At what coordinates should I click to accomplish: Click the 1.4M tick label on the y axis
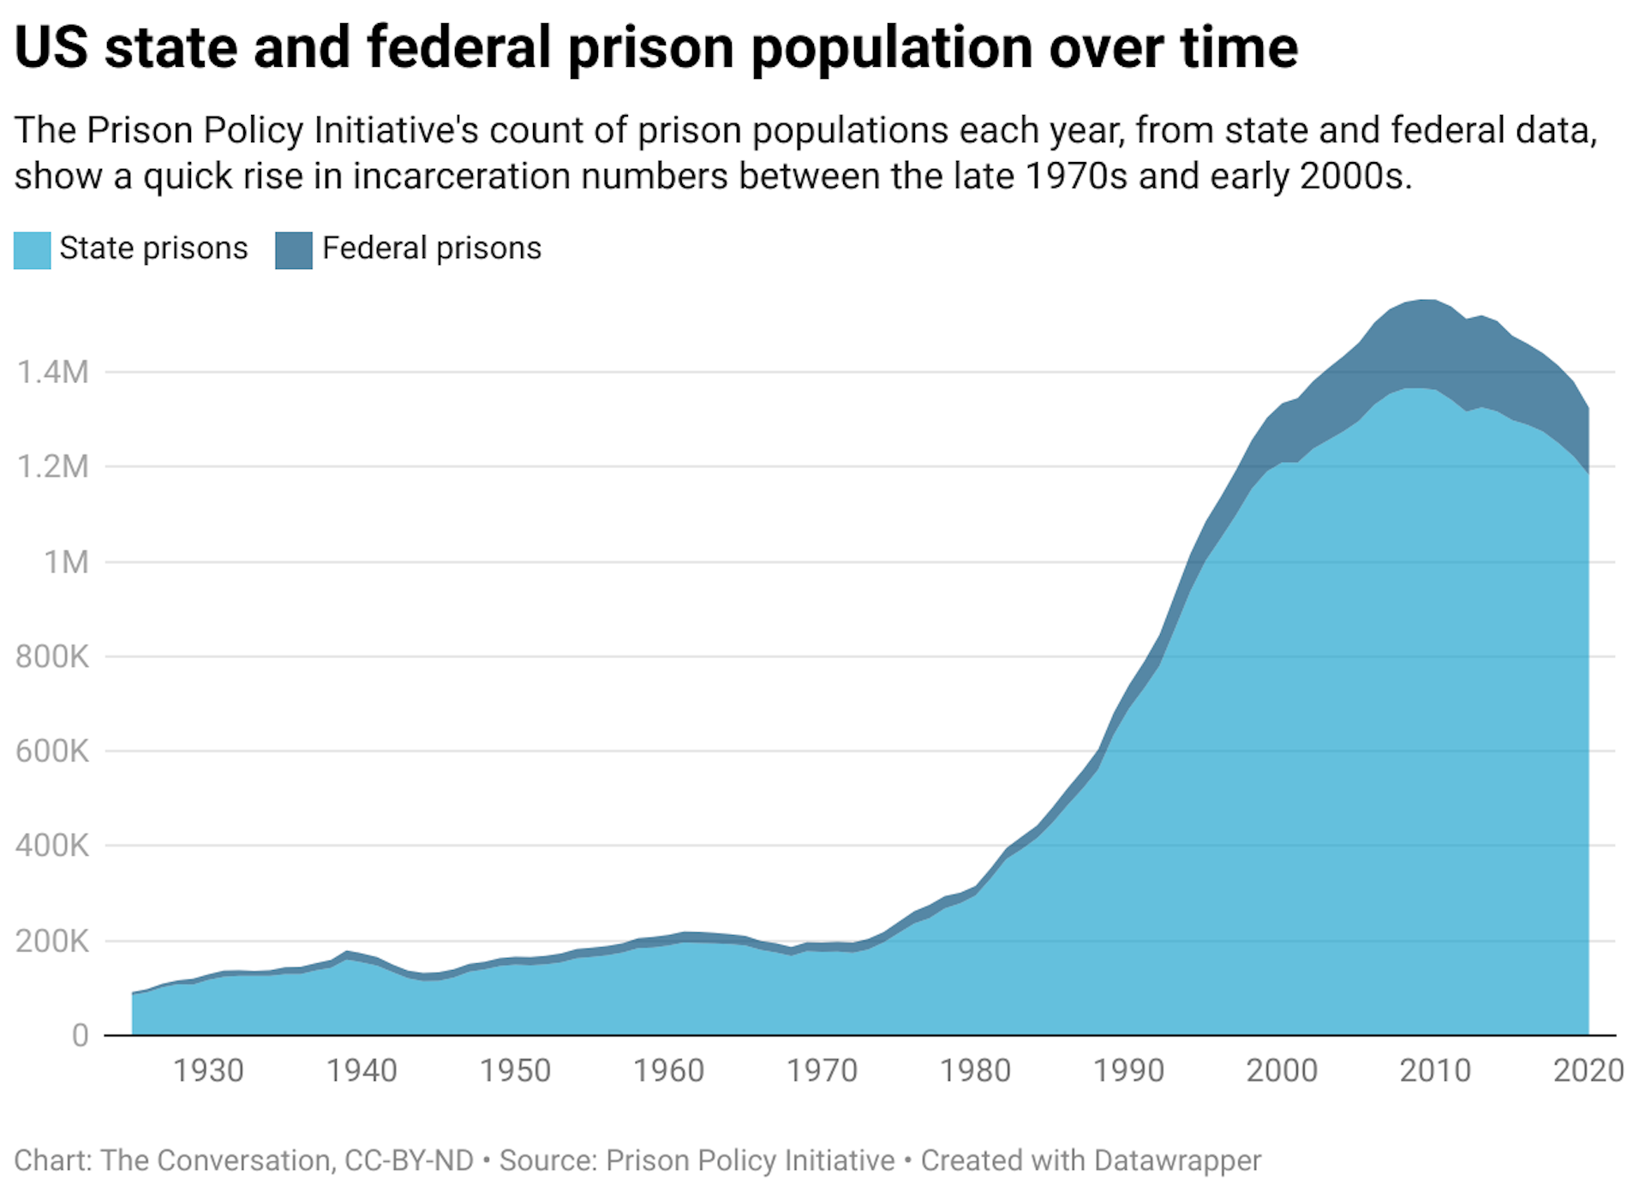point(52,373)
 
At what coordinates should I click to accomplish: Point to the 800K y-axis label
point(52,657)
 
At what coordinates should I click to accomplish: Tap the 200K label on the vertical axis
point(52,942)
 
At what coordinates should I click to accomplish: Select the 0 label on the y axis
point(80,1036)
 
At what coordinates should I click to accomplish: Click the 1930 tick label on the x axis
point(208,1071)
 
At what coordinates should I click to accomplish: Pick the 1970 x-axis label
point(822,1071)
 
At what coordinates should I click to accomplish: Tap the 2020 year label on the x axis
point(1588,1071)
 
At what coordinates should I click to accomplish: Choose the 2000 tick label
point(1282,1071)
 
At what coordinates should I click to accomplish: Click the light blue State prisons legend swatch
point(33,250)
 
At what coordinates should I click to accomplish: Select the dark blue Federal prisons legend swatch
point(294,250)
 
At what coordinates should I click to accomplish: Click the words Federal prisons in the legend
point(432,249)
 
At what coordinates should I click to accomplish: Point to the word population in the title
point(893,50)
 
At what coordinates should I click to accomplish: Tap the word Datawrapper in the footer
point(1177,1160)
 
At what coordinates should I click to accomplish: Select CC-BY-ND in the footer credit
point(409,1160)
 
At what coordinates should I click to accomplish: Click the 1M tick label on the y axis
point(67,563)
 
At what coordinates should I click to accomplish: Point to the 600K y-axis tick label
point(52,752)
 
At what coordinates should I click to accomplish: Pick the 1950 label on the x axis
point(515,1071)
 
